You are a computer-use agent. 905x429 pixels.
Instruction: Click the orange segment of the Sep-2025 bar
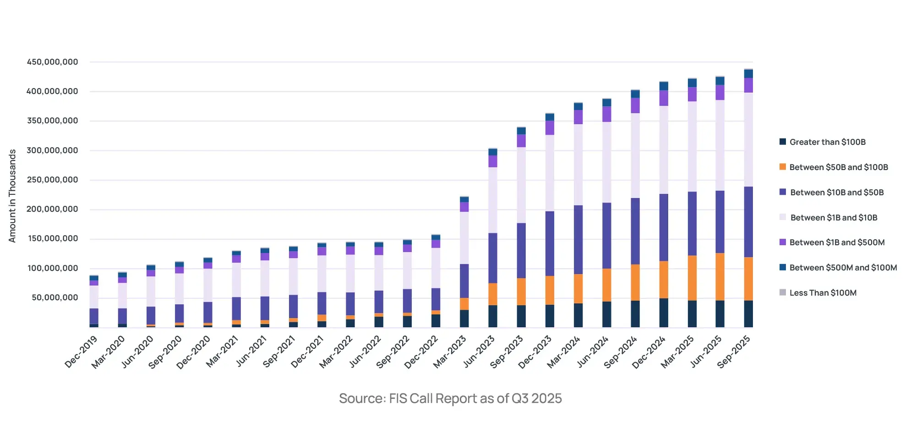point(748,279)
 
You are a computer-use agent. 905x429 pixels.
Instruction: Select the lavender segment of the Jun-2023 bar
point(493,200)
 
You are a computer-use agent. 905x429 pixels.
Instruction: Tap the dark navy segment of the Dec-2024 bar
point(664,313)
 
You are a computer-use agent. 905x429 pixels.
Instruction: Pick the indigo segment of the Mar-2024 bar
point(578,239)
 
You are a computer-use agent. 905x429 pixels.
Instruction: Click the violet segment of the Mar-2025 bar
point(692,94)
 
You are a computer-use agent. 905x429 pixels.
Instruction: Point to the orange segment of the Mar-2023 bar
point(464,304)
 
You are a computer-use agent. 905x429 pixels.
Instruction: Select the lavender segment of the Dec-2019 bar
point(94,297)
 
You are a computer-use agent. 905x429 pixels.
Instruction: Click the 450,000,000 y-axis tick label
point(52,62)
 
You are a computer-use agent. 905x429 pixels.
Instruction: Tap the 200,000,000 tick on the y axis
point(52,209)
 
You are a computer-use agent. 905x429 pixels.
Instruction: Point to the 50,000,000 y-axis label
point(55,297)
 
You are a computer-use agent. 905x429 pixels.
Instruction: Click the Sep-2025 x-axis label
point(734,352)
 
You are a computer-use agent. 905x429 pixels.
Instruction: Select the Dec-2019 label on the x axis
point(81,352)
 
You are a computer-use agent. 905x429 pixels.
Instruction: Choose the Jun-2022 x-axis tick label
point(365,352)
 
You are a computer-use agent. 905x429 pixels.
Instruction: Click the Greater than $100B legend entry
point(827,142)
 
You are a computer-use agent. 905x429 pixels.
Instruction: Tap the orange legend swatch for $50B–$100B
point(783,167)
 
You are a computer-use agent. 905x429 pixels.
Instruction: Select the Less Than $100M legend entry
point(823,293)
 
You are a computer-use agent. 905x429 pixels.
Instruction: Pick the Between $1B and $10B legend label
point(834,218)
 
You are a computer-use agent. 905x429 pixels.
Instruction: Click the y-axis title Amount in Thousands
point(12,196)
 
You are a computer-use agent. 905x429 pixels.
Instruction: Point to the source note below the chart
point(450,398)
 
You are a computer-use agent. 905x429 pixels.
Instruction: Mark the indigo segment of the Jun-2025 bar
point(720,221)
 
